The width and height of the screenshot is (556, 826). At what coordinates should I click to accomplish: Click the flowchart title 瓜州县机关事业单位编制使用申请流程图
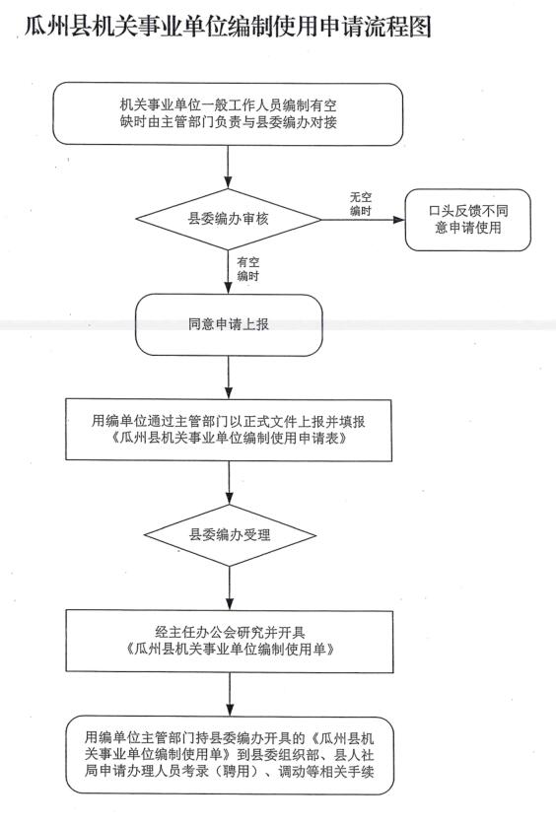(x=228, y=27)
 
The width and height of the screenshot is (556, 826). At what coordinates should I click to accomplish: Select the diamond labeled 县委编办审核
(x=228, y=219)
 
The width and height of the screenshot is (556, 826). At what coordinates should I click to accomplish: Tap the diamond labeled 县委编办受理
(x=230, y=535)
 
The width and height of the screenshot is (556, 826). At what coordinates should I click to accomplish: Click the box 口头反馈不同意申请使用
(x=468, y=220)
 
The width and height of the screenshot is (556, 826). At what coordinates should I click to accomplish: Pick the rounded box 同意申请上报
(x=229, y=324)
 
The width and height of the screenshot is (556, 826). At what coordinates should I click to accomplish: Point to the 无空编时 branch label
(x=361, y=204)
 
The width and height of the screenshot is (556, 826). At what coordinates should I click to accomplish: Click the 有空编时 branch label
(x=248, y=269)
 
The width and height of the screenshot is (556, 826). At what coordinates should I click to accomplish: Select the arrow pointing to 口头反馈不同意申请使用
(x=363, y=219)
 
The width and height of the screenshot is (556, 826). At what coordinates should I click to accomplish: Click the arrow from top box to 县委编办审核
(x=228, y=167)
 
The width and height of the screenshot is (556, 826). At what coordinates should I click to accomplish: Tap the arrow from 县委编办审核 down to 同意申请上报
(x=228, y=272)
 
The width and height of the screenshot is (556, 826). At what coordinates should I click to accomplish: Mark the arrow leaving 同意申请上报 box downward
(x=229, y=378)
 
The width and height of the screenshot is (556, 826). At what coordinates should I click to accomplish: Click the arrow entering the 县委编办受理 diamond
(x=230, y=483)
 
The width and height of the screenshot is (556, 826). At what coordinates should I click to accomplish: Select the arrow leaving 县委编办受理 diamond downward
(x=230, y=588)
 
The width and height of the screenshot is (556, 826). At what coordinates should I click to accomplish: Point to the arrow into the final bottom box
(x=230, y=694)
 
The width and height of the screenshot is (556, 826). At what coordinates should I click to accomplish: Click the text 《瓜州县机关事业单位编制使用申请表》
(x=230, y=439)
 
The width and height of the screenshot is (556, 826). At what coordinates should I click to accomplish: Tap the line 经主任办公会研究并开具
(x=230, y=633)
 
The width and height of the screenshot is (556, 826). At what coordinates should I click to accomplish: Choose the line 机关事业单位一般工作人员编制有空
(x=228, y=105)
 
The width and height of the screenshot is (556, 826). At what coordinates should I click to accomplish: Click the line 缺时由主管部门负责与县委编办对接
(x=228, y=123)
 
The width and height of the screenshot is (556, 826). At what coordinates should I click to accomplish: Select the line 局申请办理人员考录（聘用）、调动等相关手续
(x=230, y=772)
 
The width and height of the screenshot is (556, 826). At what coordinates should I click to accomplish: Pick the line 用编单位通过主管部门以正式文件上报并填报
(x=229, y=422)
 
